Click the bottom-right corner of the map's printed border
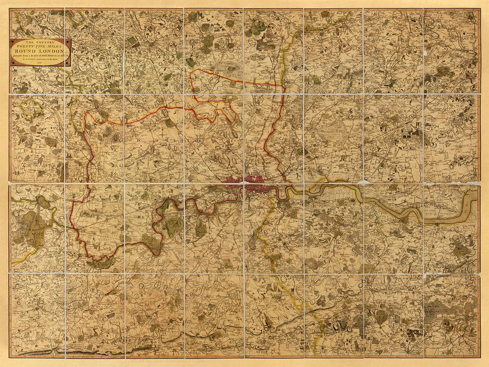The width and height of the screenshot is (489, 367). (480, 357)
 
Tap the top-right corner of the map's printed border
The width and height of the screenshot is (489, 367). (480, 8)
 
